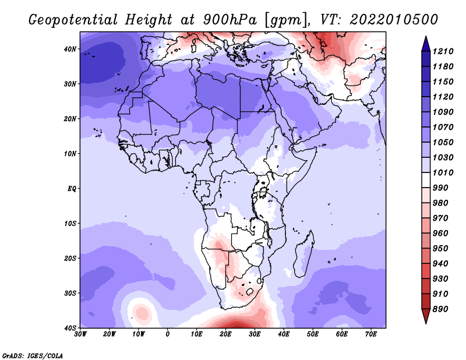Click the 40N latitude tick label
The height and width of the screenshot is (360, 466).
pos(70,49)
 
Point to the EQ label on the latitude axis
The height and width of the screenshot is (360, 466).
pos(72,189)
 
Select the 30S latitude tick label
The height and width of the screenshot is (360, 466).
pos(70,294)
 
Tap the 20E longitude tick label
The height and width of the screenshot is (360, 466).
pos(225,334)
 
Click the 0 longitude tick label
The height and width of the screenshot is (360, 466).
pos(168,334)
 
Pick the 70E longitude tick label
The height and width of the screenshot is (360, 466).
pos(371,334)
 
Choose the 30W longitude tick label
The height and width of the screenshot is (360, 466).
pos(80,334)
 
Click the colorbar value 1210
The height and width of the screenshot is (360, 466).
pos(443,51)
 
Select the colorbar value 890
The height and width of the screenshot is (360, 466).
pos(440,309)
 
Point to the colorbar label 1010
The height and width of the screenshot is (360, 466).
pos(443,172)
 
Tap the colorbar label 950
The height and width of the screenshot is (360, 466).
pos(440,249)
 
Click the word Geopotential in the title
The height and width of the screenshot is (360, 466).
pos(73,20)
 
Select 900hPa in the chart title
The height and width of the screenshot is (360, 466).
pos(230,20)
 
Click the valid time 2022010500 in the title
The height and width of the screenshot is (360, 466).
pos(394,20)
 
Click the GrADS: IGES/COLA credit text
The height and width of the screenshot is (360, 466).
pos(33,355)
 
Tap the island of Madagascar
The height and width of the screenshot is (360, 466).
pos(303,253)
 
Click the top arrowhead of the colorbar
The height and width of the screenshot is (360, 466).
pos(426,44)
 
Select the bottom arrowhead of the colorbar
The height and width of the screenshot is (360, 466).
pos(426,316)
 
